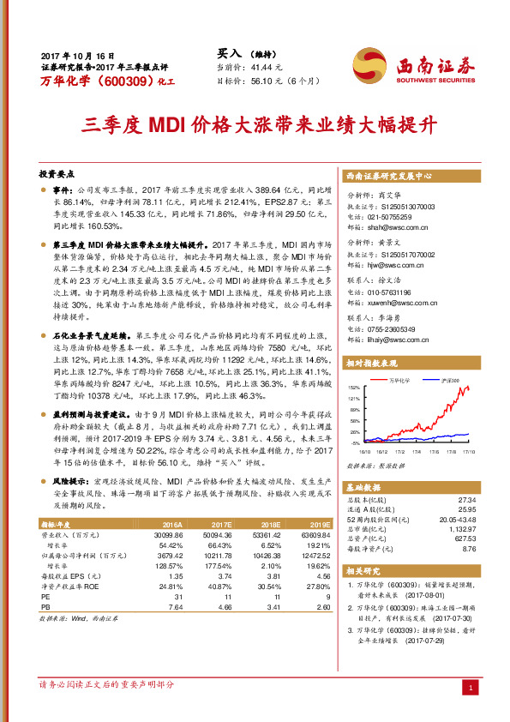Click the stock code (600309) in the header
pos(114,81)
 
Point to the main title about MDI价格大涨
pos(255,123)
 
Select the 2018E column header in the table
pos(271,522)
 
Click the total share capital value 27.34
pos(465,498)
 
